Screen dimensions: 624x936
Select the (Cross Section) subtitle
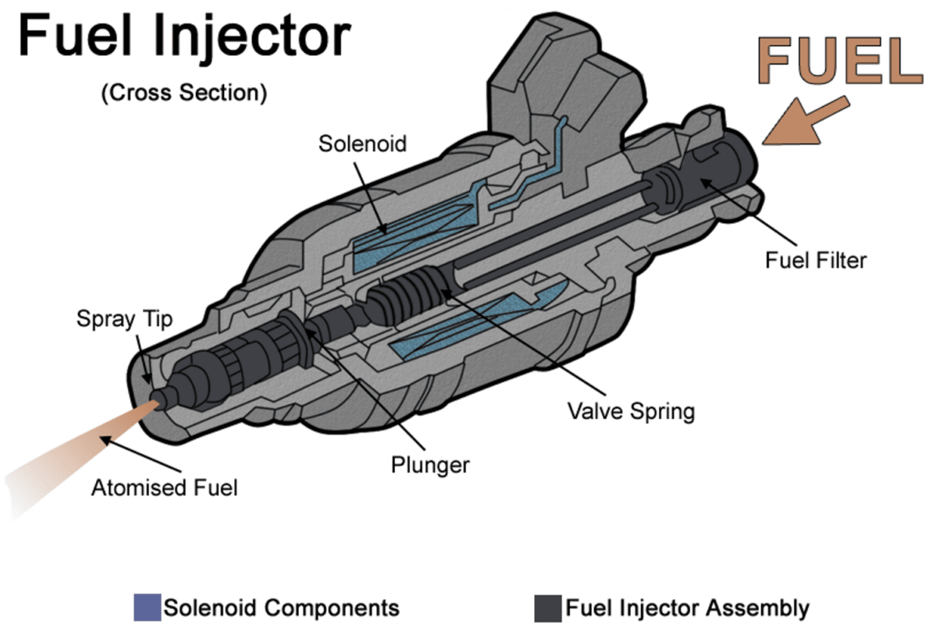coord(183,92)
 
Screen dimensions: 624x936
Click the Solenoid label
coord(362,144)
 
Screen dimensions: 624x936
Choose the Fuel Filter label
coord(815,259)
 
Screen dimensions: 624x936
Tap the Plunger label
coord(430,465)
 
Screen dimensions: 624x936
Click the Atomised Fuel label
coord(164,488)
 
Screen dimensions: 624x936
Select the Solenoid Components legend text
coord(281,608)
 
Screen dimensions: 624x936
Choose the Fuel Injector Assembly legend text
coord(687,608)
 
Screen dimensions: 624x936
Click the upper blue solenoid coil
coord(414,234)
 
